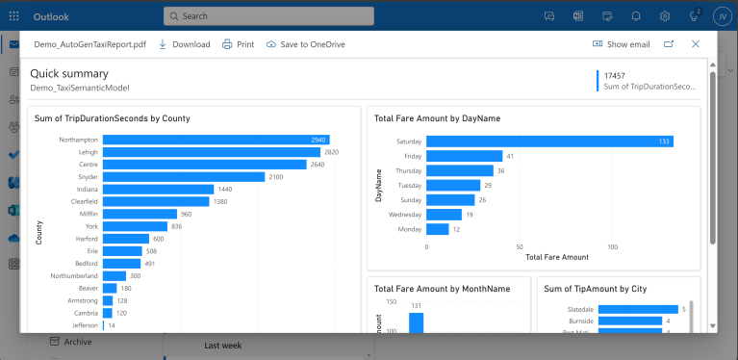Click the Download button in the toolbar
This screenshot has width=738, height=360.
pyautogui.click(x=184, y=44)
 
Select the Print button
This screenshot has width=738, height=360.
pyautogui.click(x=238, y=44)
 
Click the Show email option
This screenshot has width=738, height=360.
pyautogui.click(x=621, y=44)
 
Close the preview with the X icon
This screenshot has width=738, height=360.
pyautogui.click(x=696, y=44)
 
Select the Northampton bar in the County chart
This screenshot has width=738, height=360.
pyautogui.click(x=216, y=140)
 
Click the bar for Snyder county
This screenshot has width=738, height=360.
pyautogui.click(x=183, y=177)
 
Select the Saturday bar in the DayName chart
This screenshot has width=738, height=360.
pyautogui.click(x=548, y=141)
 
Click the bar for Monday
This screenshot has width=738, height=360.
pyautogui.click(x=438, y=229)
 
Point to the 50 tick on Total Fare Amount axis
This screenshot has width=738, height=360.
pyautogui.click(x=520, y=246)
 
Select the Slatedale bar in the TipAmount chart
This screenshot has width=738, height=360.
pyautogui.click(x=638, y=309)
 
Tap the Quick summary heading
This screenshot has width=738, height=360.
pyautogui.click(x=69, y=73)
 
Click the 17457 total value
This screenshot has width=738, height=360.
pyautogui.click(x=615, y=75)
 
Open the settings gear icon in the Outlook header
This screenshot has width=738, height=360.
pyautogui.click(x=665, y=16)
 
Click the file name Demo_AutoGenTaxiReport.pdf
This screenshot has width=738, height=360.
pyautogui.click(x=89, y=44)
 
